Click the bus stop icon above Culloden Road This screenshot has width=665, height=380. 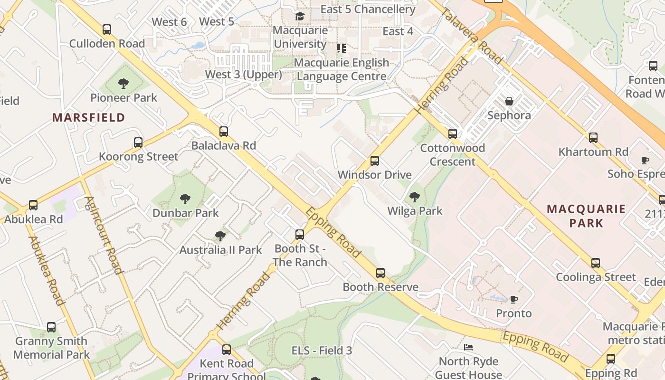(x=107, y=29)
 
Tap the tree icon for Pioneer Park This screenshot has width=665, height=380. (x=123, y=84)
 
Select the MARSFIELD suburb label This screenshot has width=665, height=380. (x=88, y=117)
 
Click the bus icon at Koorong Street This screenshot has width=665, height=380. (x=138, y=142)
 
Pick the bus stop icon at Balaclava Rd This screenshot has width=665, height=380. (x=223, y=132)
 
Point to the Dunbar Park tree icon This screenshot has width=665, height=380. (x=185, y=199)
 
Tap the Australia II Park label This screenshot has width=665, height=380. (x=220, y=250)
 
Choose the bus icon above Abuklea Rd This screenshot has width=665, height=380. (x=33, y=205)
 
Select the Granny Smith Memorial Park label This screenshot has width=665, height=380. (x=51, y=348)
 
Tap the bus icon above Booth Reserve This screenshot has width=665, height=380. (x=380, y=273)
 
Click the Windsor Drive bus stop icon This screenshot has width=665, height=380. (x=375, y=161)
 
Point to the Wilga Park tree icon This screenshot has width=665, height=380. (x=415, y=197)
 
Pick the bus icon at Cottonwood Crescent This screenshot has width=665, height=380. (x=453, y=134)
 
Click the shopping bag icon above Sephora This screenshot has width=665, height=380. (x=509, y=101)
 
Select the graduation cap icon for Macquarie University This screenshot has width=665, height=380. (x=300, y=17)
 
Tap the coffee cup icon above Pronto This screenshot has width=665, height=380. (x=513, y=299)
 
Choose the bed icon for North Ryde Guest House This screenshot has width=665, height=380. (x=469, y=347)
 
